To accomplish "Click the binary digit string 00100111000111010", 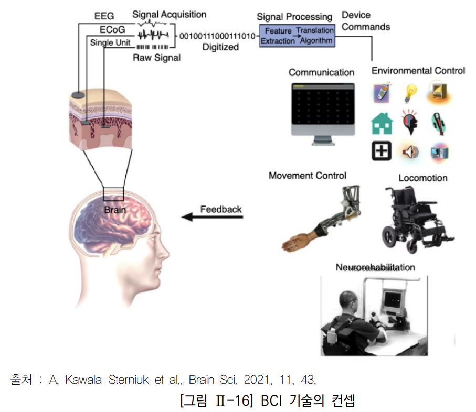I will coord(217,36).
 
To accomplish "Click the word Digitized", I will coord(220,47).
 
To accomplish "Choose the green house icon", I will coord(382,124).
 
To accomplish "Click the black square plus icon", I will coord(382,151).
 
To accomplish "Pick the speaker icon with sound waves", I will coord(410,151).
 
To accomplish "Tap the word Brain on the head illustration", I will coord(115,210).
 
